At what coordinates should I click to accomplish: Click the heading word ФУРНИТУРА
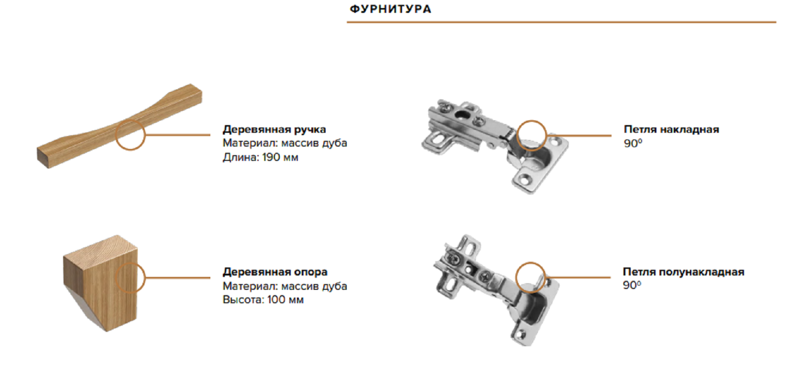[x=390, y=9]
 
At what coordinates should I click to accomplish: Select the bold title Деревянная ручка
[x=274, y=129]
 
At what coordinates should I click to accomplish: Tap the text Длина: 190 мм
[x=260, y=157]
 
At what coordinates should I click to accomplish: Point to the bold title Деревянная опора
[x=275, y=272]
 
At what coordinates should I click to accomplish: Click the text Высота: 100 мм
[x=263, y=300]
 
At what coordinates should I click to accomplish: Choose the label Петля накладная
[x=671, y=129]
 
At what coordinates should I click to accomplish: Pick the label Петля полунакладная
[x=683, y=272]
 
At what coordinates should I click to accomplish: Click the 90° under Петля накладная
[x=633, y=143]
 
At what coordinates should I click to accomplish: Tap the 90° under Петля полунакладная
[x=632, y=285]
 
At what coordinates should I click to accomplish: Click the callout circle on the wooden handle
[x=130, y=135]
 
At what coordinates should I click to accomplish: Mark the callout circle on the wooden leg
[x=130, y=277]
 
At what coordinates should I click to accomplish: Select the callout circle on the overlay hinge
[x=532, y=135]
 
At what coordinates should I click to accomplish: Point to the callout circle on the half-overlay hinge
[x=530, y=277]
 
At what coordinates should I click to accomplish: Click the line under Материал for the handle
[x=284, y=143]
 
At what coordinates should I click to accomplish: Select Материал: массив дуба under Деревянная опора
[x=284, y=286]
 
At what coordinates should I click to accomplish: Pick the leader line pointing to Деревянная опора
[x=177, y=277]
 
